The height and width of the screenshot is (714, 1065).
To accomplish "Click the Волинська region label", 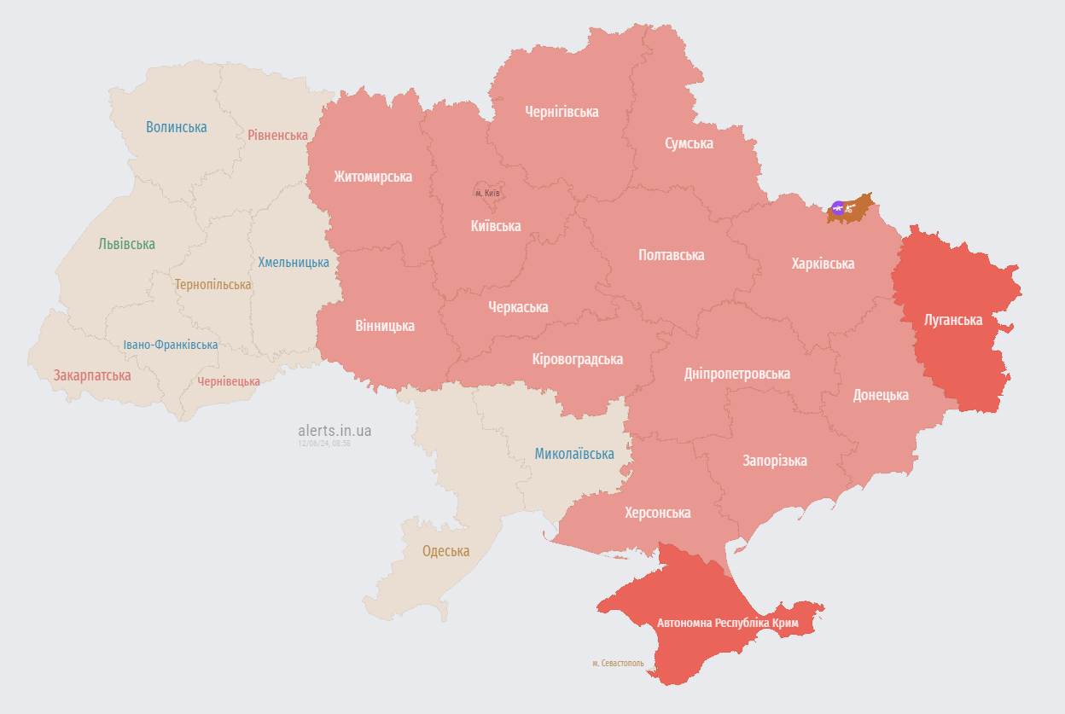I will [x=176, y=127].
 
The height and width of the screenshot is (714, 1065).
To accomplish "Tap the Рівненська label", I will [x=277, y=135].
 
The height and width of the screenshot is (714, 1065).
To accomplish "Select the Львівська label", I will [x=126, y=244].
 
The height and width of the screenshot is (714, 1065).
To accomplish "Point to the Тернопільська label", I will [x=213, y=284].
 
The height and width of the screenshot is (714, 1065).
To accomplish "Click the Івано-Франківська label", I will [x=170, y=345].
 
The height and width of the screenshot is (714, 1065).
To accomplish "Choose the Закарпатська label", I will [x=92, y=375].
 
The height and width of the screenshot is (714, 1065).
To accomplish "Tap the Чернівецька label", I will [x=229, y=381].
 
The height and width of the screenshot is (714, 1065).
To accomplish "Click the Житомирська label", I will [x=373, y=177].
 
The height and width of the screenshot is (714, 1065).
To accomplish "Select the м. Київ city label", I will [x=487, y=193].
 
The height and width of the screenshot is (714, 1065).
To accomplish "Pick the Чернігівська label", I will [x=562, y=112].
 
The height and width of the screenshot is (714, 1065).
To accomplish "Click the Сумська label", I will [x=689, y=143].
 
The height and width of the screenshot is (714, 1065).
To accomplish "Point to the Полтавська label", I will [x=671, y=255].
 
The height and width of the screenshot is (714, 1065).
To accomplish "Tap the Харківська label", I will [x=823, y=264].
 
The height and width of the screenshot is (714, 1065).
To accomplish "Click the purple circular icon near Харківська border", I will [x=838, y=208].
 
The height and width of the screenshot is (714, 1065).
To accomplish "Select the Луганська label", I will [x=953, y=321].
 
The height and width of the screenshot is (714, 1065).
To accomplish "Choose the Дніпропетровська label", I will [x=736, y=374].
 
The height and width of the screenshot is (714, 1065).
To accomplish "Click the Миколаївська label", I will [x=574, y=454].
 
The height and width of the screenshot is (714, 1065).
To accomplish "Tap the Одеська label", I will [x=445, y=551].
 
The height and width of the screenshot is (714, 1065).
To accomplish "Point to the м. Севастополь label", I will [x=618, y=663].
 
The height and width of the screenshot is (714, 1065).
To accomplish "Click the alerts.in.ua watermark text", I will [x=335, y=431].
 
